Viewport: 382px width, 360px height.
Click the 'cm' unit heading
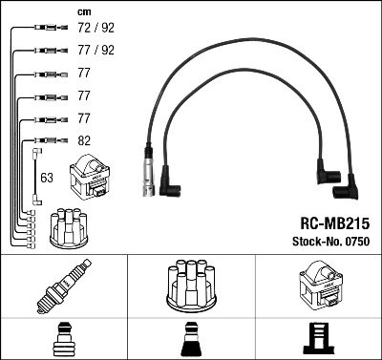pyautogui.click(x=84, y=11)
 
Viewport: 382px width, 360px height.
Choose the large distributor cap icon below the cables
pyautogui.click(x=191, y=283)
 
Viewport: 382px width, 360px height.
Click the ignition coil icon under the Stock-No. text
pyautogui.click(x=317, y=283)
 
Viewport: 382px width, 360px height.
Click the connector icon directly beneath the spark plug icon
pyautogui.click(x=64, y=339)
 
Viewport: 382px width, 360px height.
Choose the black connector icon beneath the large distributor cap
pyautogui.click(x=191, y=339)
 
